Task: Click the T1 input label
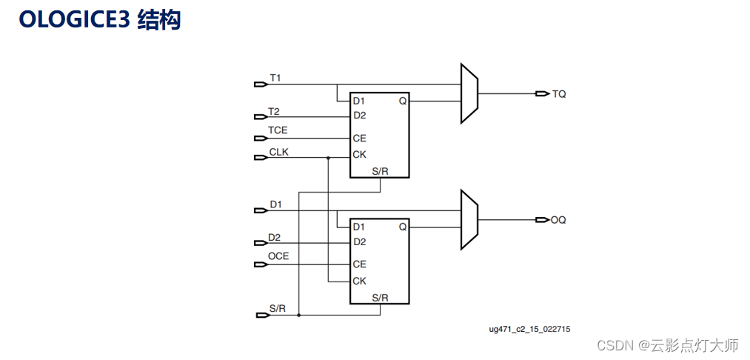[x=275, y=77]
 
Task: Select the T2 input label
[x=274, y=111]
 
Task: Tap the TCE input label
[x=278, y=130]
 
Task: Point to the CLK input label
[x=278, y=151]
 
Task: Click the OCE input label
[x=278, y=256]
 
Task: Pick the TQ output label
[x=559, y=94]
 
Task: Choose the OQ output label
[x=558, y=220]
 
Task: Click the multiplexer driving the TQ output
[x=469, y=93]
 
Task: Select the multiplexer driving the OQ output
[x=469, y=219]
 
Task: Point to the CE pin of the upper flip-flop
[x=359, y=139]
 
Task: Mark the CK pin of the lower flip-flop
[x=359, y=281]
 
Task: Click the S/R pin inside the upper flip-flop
[x=380, y=171]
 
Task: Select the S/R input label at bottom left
[x=278, y=308]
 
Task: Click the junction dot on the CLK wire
[x=328, y=158]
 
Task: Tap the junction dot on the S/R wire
[x=298, y=315]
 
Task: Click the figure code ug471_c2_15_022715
[x=529, y=328]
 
